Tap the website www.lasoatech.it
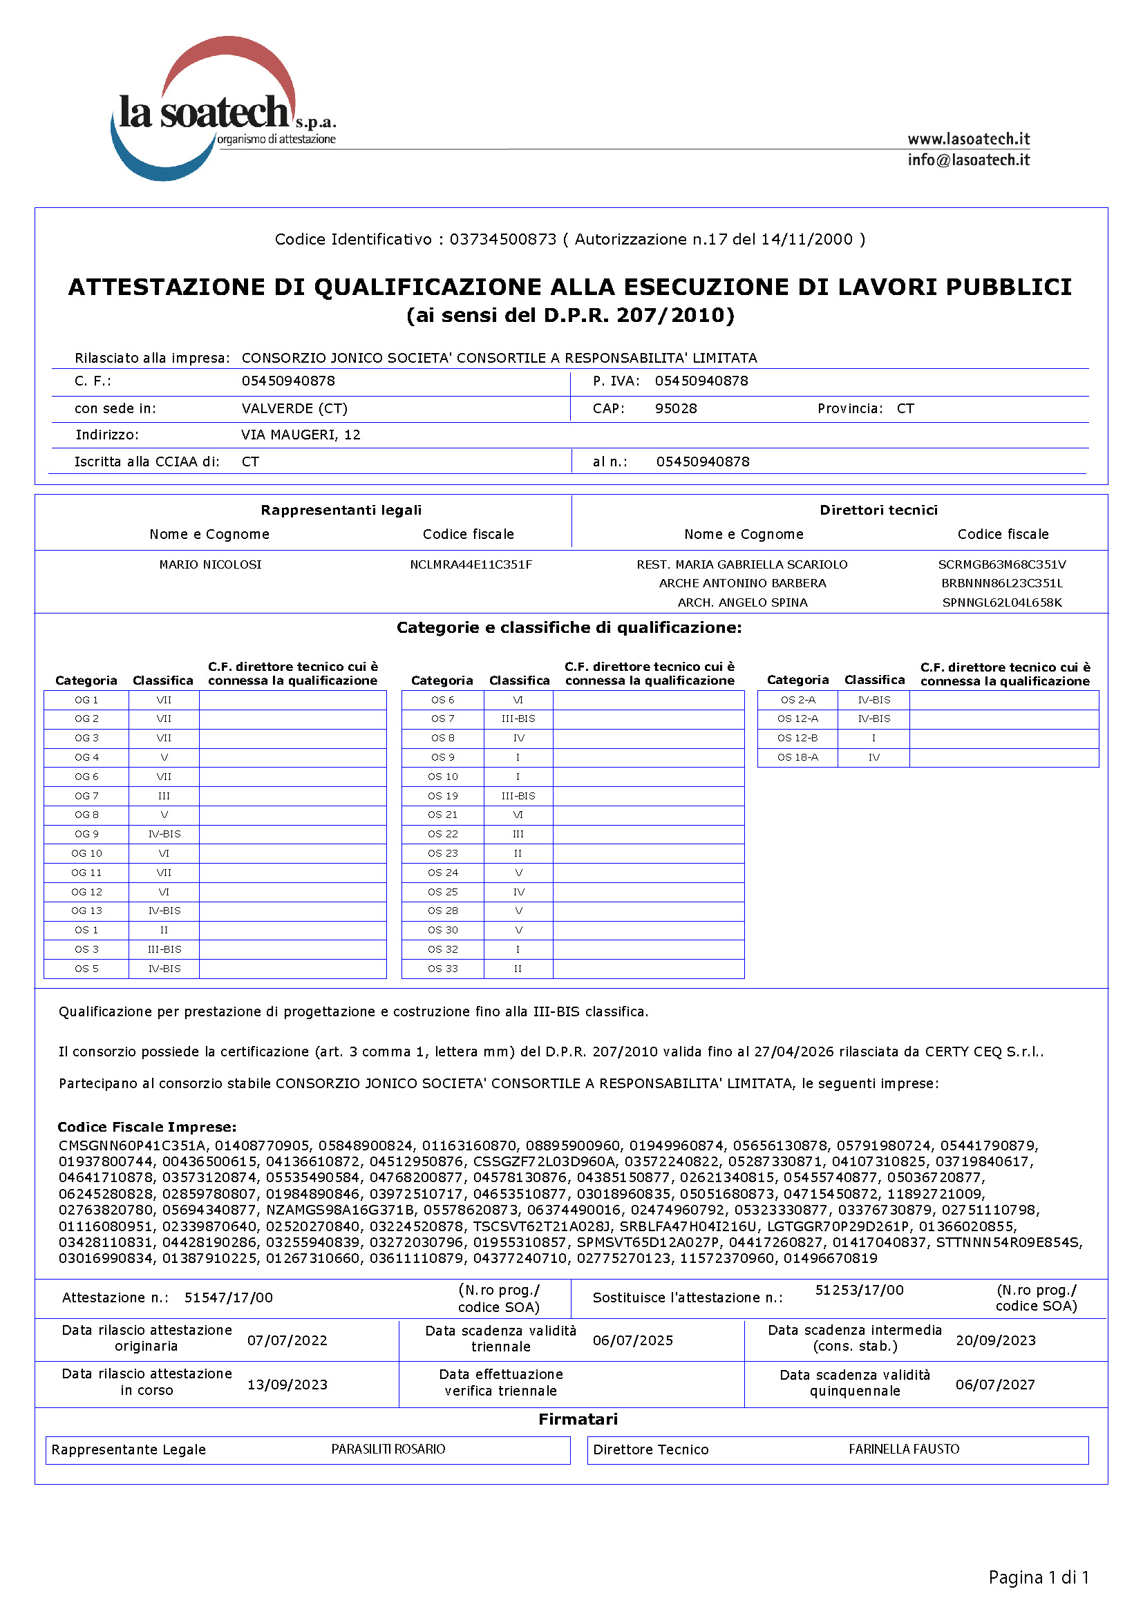pos(967,139)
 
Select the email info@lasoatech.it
pos(967,160)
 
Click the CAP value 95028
pos(676,408)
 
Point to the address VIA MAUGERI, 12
pos(301,435)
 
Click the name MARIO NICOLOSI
pos(210,564)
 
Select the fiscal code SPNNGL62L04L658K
pos(1001,602)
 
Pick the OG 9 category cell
pos(86,833)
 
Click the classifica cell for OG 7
pos(164,795)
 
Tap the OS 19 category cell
pos(443,795)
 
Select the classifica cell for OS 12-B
pos(873,738)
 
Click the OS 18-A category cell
pos(797,757)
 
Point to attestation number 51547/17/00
pos(228,1297)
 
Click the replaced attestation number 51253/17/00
pos(859,1289)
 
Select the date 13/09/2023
pos(287,1384)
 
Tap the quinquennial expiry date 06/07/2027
pos(995,1384)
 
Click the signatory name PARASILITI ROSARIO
pos(388,1449)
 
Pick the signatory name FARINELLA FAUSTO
pos(904,1449)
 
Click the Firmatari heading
pos(578,1418)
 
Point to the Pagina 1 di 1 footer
pos(1038,1577)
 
